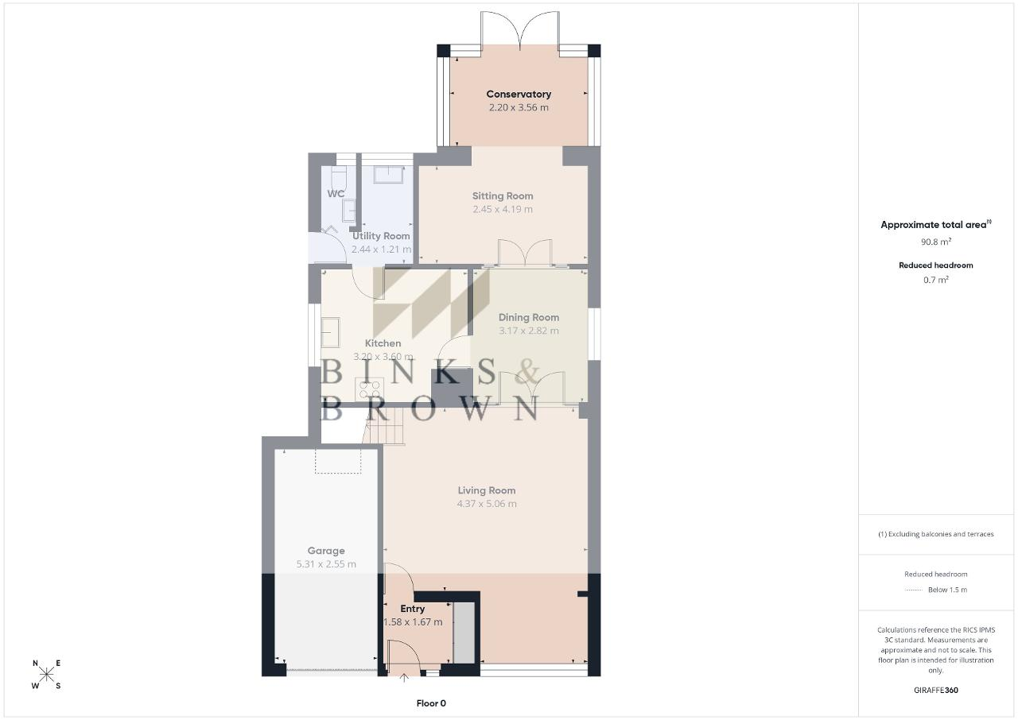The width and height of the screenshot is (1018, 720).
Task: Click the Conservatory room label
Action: (519, 94)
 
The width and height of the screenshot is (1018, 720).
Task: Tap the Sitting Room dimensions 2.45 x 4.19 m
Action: (502, 209)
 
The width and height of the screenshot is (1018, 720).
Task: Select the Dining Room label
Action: (529, 317)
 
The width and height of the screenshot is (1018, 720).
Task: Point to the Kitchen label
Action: (383, 343)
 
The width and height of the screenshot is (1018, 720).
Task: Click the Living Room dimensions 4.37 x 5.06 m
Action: (487, 504)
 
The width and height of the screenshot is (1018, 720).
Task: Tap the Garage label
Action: (326, 551)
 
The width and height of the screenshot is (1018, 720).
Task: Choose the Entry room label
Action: (412, 609)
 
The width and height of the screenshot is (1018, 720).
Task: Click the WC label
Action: (336, 194)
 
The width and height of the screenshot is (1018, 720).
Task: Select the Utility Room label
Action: (381, 236)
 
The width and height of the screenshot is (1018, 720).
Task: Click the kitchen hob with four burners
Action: (369, 389)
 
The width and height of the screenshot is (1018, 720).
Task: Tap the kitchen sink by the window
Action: (330, 332)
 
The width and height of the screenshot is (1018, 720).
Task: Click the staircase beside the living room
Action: (383, 426)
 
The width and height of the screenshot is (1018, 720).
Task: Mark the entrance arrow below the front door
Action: (403, 678)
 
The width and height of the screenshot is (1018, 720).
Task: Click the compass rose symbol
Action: (46, 675)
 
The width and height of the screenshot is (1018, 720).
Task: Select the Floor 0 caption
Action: (431, 703)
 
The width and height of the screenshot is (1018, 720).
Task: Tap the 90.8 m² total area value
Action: (936, 242)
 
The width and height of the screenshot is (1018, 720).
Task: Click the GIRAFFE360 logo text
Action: (936, 690)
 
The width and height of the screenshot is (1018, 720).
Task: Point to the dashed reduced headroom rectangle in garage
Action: (338, 462)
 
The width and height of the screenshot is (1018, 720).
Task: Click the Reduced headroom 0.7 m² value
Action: (936, 280)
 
